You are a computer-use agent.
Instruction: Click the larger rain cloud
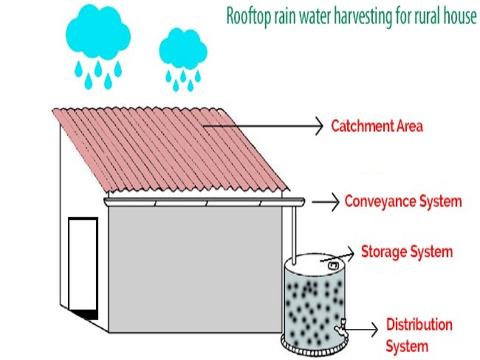[x=98, y=32]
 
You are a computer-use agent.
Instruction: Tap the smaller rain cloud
[x=183, y=49]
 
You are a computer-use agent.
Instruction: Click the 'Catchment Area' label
[x=377, y=126]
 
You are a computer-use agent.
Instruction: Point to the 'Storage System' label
[x=407, y=252]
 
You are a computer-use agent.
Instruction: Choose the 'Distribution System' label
[x=419, y=335]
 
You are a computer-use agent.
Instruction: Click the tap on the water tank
[x=341, y=328]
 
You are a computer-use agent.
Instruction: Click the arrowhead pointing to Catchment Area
[x=319, y=126]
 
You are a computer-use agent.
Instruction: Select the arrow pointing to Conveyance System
[x=325, y=202]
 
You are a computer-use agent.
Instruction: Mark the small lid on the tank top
[x=333, y=265]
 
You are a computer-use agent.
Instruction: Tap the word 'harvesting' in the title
[x=363, y=17]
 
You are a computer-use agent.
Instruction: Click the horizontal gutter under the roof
[x=204, y=202]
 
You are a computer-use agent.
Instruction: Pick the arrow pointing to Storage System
[x=337, y=257]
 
